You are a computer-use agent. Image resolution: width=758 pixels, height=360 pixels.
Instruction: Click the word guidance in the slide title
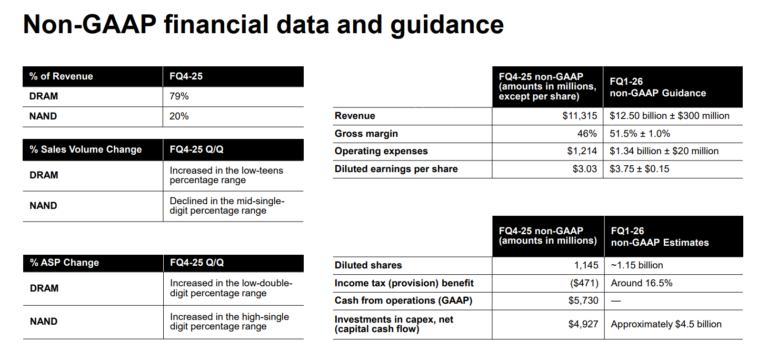(x=447, y=26)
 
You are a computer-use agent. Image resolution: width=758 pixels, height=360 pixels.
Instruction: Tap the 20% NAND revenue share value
(x=179, y=116)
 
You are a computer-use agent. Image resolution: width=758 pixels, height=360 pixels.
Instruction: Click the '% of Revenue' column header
(x=61, y=76)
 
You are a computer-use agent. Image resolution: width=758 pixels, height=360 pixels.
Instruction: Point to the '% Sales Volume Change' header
(x=86, y=149)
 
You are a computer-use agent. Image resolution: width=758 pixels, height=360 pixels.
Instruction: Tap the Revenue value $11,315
(x=580, y=116)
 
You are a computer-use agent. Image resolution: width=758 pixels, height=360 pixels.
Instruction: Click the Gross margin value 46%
(x=587, y=134)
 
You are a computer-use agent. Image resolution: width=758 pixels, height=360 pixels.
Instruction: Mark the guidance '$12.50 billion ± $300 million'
(x=670, y=116)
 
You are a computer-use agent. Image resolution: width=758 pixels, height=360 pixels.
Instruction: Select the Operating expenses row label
(x=381, y=151)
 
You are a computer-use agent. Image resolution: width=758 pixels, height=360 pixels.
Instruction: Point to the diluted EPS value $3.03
(x=585, y=169)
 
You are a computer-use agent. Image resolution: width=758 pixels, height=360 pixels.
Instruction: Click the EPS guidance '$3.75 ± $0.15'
(x=639, y=169)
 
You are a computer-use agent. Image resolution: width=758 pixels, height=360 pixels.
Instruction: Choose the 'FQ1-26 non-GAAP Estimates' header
(x=660, y=237)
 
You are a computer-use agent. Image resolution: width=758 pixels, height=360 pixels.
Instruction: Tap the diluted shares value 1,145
(x=586, y=265)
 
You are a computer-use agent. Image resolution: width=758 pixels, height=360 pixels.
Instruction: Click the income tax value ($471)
(x=584, y=283)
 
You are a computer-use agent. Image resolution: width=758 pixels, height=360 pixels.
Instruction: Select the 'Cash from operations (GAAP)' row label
(x=403, y=301)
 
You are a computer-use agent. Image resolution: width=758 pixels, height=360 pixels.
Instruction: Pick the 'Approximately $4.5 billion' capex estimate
(x=666, y=324)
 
